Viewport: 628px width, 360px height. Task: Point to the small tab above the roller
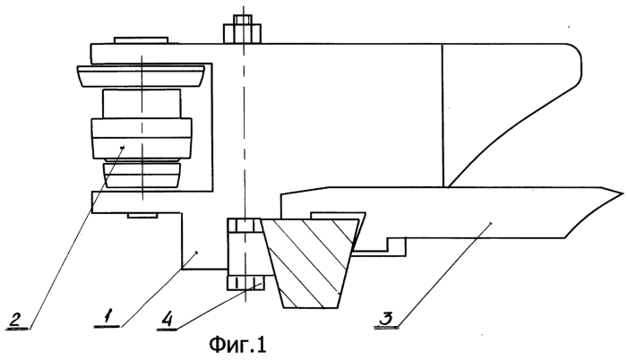tap(141, 40)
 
